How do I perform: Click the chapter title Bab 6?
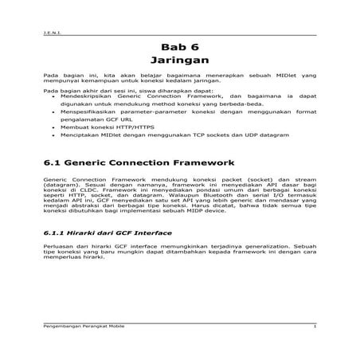pos(179,46)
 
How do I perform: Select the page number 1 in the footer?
pos(315,327)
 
